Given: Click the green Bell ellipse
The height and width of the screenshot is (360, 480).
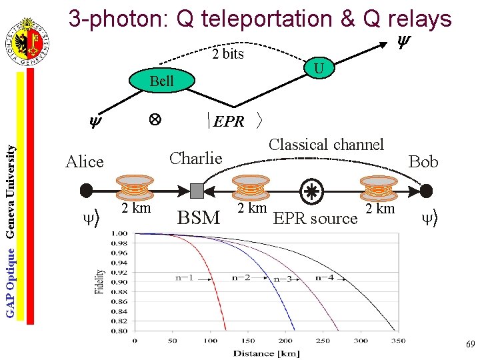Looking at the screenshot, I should (161, 81).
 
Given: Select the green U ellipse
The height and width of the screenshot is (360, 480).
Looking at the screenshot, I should (319, 69).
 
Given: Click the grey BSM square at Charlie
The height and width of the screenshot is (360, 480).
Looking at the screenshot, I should (197, 191).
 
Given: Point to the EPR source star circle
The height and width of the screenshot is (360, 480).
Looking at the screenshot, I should (311, 191).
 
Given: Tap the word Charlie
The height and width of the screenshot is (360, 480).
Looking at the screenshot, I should (195, 158).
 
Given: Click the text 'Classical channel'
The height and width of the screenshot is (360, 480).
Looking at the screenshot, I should (326, 145).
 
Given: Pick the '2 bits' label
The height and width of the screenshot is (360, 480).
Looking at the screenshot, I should (228, 54).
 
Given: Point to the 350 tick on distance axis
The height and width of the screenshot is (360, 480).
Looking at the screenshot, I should (398, 341).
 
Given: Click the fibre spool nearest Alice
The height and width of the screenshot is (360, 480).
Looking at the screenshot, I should (136, 187).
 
